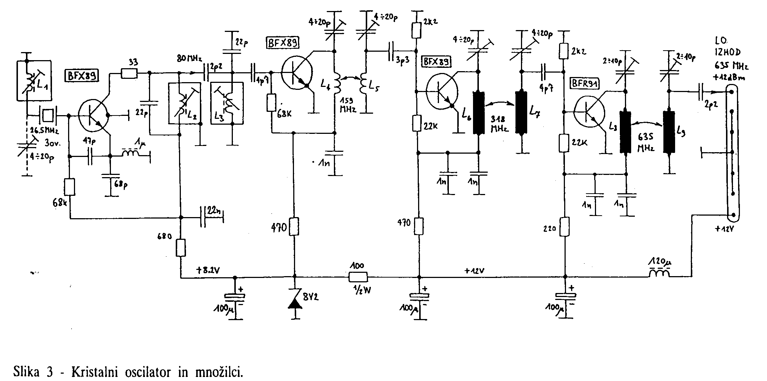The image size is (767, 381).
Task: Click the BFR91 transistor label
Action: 584,84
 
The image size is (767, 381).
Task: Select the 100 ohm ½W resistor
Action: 358,277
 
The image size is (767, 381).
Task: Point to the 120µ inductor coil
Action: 659,273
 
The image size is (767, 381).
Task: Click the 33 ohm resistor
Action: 129,74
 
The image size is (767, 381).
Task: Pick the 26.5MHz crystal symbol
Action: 48,116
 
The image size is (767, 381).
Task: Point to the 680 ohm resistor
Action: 180,248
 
